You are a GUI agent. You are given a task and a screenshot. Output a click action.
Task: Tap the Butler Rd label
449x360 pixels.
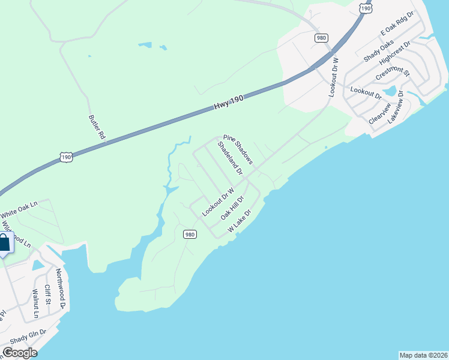(x=97, y=128)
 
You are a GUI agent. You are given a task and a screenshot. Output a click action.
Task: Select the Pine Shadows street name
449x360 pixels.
(x=239, y=149)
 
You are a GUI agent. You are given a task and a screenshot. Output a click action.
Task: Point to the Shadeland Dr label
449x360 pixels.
(x=230, y=159)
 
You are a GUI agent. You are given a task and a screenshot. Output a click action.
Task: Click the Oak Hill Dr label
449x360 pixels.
(x=232, y=207)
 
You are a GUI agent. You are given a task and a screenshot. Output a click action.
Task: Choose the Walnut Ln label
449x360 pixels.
(x=35, y=304)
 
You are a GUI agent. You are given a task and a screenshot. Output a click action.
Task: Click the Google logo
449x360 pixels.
(x=19, y=353)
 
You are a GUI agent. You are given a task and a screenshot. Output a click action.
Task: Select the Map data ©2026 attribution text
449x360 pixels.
(x=423, y=355)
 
